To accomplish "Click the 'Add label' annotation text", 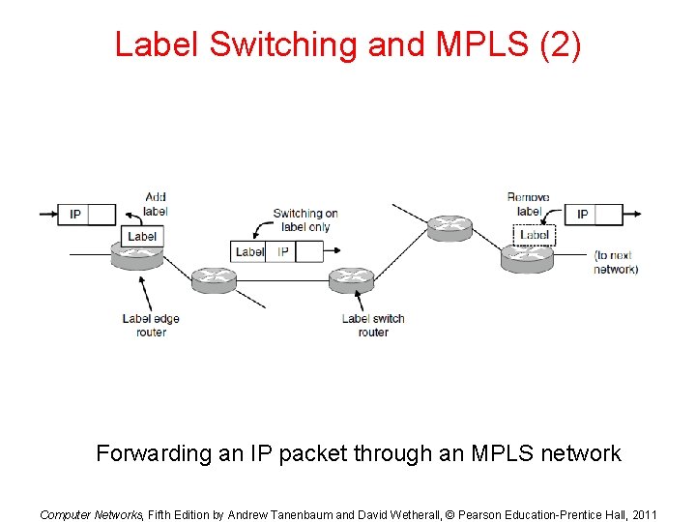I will [x=155, y=204].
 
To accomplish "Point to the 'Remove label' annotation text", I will [x=528, y=204].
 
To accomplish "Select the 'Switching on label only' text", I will [x=304, y=220].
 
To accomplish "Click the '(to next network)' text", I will [x=616, y=262].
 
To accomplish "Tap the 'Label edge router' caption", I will [x=151, y=325].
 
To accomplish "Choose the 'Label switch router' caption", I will [x=373, y=325].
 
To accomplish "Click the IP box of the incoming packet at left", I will [x=75, y=214].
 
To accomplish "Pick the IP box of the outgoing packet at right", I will [x=582, y=214].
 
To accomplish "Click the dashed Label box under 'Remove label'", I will [x=535, y=235].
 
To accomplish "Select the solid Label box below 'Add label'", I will [x=142, y=236].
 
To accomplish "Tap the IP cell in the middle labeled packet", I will [x=282, y=251].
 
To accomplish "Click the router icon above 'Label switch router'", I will [x=351, y=280].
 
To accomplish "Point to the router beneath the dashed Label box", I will [x=527, y=258].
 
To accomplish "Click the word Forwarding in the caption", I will [x=153, y=453].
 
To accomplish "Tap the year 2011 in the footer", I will [x=641, y=514].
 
